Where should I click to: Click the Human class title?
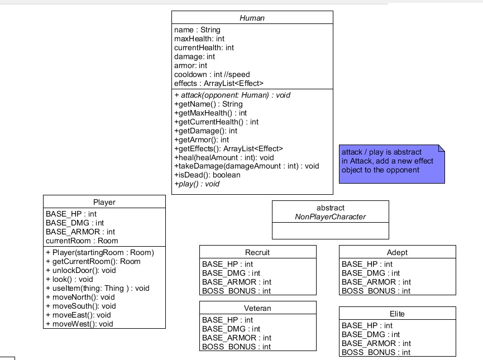pos(252,18)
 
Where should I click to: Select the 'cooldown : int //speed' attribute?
pos(212,74)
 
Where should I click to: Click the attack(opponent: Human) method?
pos(232,95)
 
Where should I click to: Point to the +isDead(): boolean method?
pos(207,175)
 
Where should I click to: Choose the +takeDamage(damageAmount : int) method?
pos(246,166)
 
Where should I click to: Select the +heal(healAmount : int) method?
pos(224,157)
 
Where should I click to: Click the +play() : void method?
pos(197,184)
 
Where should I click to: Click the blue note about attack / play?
pos(391,163)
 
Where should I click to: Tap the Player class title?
pos(104,202)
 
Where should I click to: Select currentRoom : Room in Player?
pos(82,241)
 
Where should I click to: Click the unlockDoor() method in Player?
pos(80,270)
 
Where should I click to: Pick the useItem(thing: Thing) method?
pos(97,288)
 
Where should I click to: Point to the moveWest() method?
pos(79,324)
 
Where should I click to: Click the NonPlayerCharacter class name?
pos(330,217)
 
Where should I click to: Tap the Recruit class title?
pos(257,252)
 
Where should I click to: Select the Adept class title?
pos(397,252)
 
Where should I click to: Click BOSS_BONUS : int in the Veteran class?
pos(236,347)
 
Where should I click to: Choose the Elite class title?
pos(397,314)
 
